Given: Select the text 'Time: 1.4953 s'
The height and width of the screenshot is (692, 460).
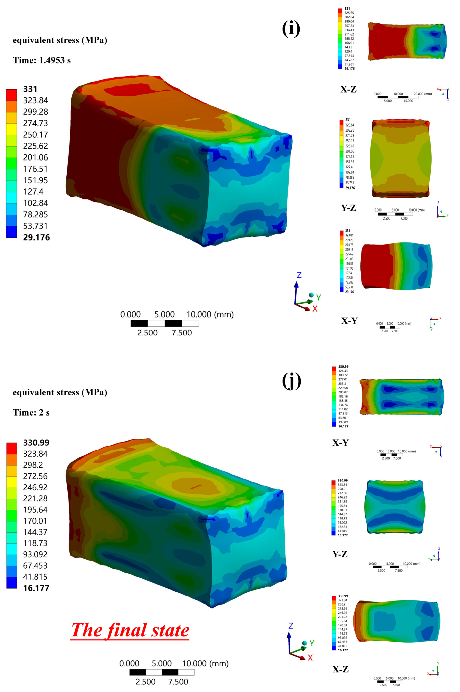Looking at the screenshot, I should click(42, 60).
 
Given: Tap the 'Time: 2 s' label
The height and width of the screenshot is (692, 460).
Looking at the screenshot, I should click(31, 413).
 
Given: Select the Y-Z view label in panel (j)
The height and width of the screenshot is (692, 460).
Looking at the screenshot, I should click(340, 554).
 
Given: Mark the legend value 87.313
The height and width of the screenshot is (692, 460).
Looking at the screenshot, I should click(343, 413).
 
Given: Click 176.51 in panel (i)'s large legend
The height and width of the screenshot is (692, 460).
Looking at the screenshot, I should click(36, 169).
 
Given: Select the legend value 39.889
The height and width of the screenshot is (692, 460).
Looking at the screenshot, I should click(343, 422).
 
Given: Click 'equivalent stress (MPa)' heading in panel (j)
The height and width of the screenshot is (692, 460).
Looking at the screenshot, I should click(60, 392).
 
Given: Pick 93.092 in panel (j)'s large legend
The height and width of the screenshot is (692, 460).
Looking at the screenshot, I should click(35, 554).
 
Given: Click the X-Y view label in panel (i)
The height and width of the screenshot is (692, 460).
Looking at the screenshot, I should click(349, 321).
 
